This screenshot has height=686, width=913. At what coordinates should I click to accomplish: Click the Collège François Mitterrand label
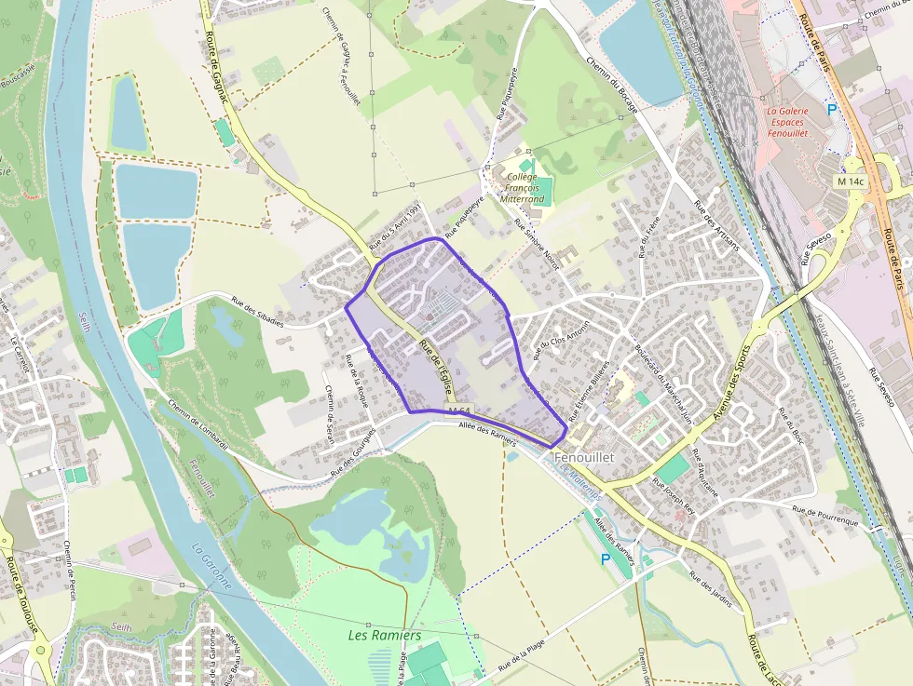coord(522,187)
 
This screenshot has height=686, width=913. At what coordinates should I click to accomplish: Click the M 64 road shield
coord(458,410)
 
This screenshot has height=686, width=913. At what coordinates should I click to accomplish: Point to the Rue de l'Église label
coord(435,361)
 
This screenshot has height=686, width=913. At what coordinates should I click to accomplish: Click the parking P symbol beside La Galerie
coord(832,110)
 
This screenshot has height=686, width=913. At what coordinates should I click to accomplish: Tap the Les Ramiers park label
coord(384,635)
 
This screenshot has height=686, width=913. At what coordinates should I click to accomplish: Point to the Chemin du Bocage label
coord(612,85)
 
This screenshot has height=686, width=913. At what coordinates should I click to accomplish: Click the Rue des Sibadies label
coord(257,310)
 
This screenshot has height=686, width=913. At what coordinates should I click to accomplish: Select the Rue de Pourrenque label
coord(824,516)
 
